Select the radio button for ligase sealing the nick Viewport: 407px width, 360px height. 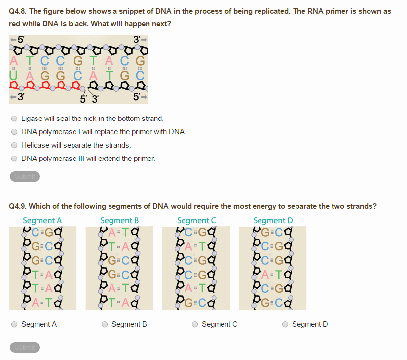tap(14, 119)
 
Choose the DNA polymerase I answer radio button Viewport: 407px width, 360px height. tap(14, 132)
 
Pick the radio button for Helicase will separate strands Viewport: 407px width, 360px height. tap(14, 145)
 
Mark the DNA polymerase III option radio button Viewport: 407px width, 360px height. tap(14, 159)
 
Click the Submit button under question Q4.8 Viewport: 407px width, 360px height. tap(25, 176)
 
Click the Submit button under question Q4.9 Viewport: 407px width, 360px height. tap(25, 347)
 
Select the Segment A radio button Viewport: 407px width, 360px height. tap(14, 324)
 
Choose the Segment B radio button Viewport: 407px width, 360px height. tap(105, 324)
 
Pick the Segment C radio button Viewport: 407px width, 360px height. tap(195, 324)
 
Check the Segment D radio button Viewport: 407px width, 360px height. tap(285, 324)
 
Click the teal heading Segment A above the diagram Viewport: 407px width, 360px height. tap(42, 220)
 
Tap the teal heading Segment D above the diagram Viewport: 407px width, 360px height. tap(273, 220)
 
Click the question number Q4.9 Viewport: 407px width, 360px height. tap(19, 206)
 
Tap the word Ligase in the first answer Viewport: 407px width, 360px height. tap(32, 119)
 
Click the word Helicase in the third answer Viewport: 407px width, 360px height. tap(35, 145)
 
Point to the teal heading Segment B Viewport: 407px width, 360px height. tap(119, 220)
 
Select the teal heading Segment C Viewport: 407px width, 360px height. tap(196, 220)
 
